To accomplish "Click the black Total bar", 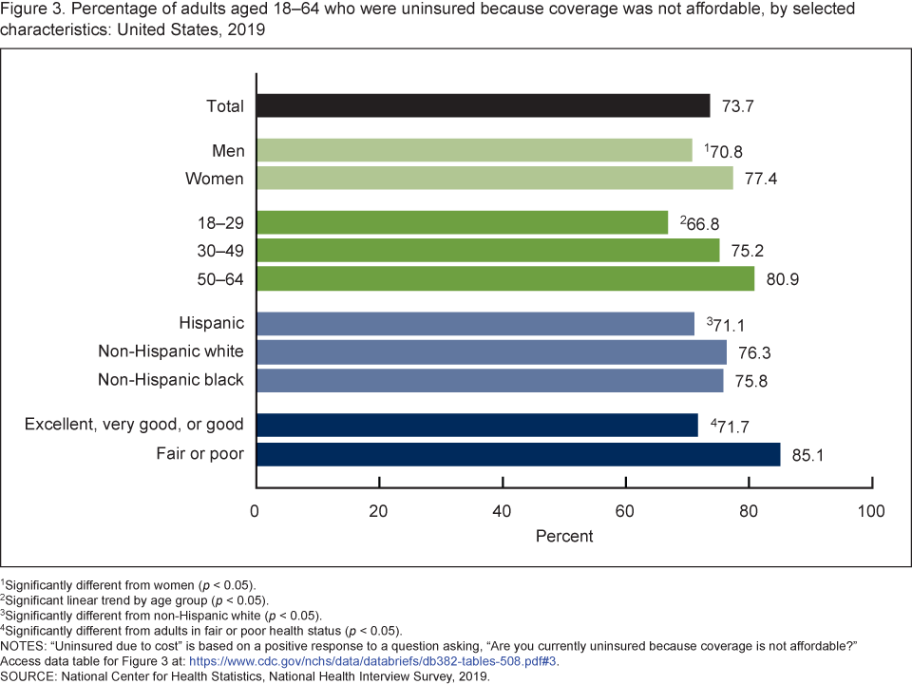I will click(483, 105).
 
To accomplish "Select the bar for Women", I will click(494, 179).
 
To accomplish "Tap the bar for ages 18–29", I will click(462, 222).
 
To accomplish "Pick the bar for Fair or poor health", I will click(518, 454).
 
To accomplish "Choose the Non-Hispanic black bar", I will click(489, 380).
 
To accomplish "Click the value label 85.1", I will click(807, 455).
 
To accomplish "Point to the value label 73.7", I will click(736, 106).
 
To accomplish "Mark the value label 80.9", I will click(781, 279).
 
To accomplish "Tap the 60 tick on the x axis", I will click(626, 511).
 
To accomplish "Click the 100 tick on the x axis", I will click(871, 511).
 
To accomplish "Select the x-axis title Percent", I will click(564, 536).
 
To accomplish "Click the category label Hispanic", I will click(211, 324).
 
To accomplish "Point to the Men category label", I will click(228, 151).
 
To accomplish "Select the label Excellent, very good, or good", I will click(134, 425).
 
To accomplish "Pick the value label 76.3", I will click(752, 352).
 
